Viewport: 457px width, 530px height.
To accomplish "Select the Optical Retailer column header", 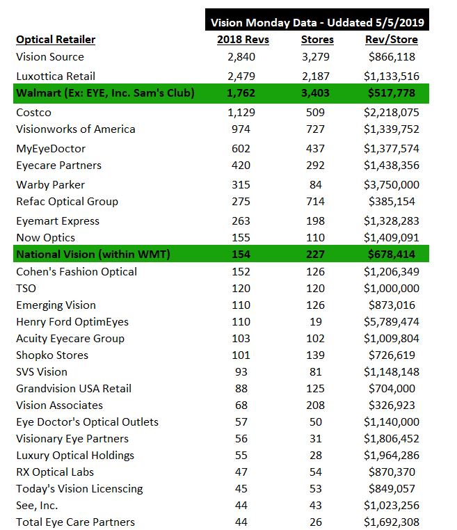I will click(56, 40).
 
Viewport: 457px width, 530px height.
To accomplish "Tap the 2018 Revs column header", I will click(243, 40).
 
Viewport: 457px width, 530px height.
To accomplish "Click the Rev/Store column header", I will click(392, 40).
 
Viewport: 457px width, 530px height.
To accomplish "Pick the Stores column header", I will click(317, 40).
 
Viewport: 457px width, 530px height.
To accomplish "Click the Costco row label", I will click(33, 113).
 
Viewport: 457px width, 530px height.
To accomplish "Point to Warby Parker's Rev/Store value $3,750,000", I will click(392, 185).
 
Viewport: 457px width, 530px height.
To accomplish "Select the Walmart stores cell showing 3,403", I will click(317, 93).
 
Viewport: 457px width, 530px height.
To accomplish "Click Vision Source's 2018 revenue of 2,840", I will click(243, 57).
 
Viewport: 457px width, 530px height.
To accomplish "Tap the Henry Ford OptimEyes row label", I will click(72, 322).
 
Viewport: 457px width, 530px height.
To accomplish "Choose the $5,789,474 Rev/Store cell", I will click(392, 322).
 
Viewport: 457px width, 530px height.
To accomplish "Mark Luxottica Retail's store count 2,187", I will click(317, 76).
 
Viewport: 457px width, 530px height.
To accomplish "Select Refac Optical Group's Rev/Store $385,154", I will click(392, 202).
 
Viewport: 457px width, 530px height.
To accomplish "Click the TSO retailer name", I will click(26, 289).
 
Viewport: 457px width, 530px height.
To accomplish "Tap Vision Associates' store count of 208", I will click(317, 405).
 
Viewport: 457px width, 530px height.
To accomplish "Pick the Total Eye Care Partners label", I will click(75, 522).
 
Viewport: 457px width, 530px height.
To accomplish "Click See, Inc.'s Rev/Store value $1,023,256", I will click(392, 506).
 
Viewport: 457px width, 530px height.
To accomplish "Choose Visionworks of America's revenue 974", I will click(243, 129).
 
